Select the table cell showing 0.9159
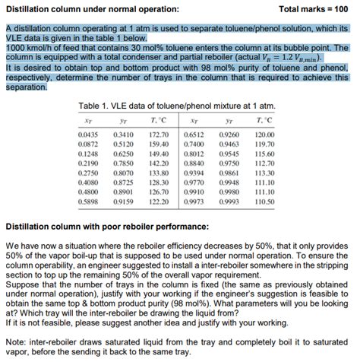tap(124, 202)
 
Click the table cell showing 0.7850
tap(124, 163)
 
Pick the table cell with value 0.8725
tap(124, 183)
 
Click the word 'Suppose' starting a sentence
tap(25, 280)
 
